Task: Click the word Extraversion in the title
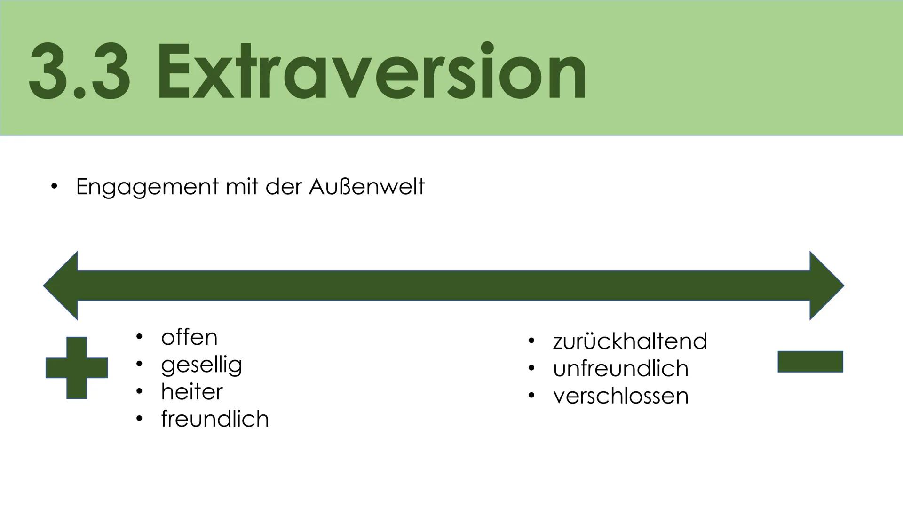pyautogui.click(x=372, y=71)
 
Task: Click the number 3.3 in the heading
pyautogui.click(x=80, y=71)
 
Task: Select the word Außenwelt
pyautogui.click(x=366, y=187)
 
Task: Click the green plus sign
pyautogui.click(x=77, y=368)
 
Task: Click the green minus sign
pyautogui.click(x=810, y=362)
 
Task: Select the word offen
pyautogui.click(x=189, y=337)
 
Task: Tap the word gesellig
pyautogui.click(x=201, y=365)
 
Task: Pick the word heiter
pyautogui.click(x=191, y=392)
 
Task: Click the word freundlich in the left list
pyautogui.click(x=214, y=419)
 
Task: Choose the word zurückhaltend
pyautogui.click(x=630, y=341)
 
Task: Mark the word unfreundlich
pyautogui.click(x=620, y=368)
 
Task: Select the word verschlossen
pyautogui.click(x=620, y=396)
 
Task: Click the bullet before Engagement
pyautogui.click(x=54, y=187)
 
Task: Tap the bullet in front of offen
pyautogui.click(x=139, y=337)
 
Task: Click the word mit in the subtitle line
pyautogui.click(x=241, y=187)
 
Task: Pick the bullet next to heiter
pyautogui.click(x=139, y=391)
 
